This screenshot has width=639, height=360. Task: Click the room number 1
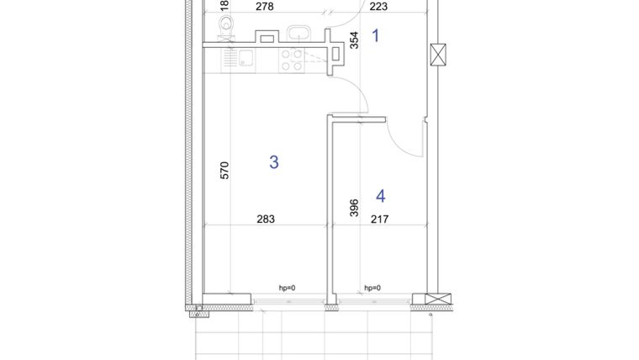(x=376, y=35)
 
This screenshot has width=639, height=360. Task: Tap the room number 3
(x=273, y=162)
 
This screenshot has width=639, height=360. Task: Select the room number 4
(x=381, y=196)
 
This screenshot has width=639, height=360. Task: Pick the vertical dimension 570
(x=224, y=172)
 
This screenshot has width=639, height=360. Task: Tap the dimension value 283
(x=266, y=220)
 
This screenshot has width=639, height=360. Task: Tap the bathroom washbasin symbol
(x=299, y=34)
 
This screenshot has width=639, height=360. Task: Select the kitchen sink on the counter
(x=246, y=59)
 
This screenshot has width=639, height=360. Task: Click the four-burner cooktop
(x=292, y=59)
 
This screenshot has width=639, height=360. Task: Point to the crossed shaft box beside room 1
(x=437, y=54)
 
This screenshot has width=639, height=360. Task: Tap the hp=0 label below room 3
(x=288, y=289)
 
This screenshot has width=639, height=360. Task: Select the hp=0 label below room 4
(x=372, y=289)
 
